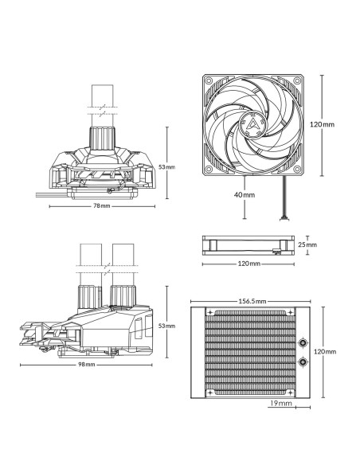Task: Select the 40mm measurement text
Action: tap(245, 194)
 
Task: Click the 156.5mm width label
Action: tap(251, 301)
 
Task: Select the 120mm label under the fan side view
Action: tap(248, 263)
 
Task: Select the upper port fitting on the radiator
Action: tap(303, 344)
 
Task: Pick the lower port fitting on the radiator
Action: tap(303, 362)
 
